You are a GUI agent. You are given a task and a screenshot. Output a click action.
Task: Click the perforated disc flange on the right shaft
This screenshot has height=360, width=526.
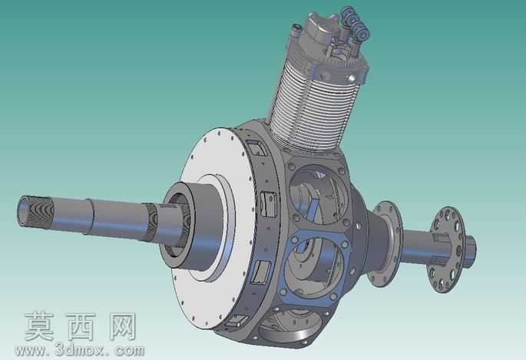(446, 249)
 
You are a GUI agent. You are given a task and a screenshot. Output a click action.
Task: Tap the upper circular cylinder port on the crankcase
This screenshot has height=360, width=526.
(318, 194)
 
